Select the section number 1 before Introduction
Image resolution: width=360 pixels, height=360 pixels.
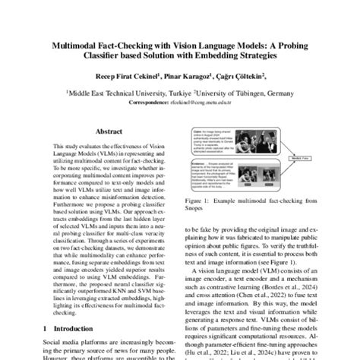(x=47, y=327)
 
